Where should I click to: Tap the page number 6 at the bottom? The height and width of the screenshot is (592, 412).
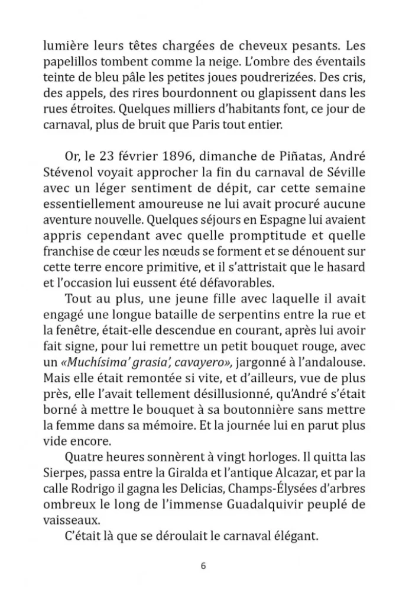[x=203, y=565]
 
